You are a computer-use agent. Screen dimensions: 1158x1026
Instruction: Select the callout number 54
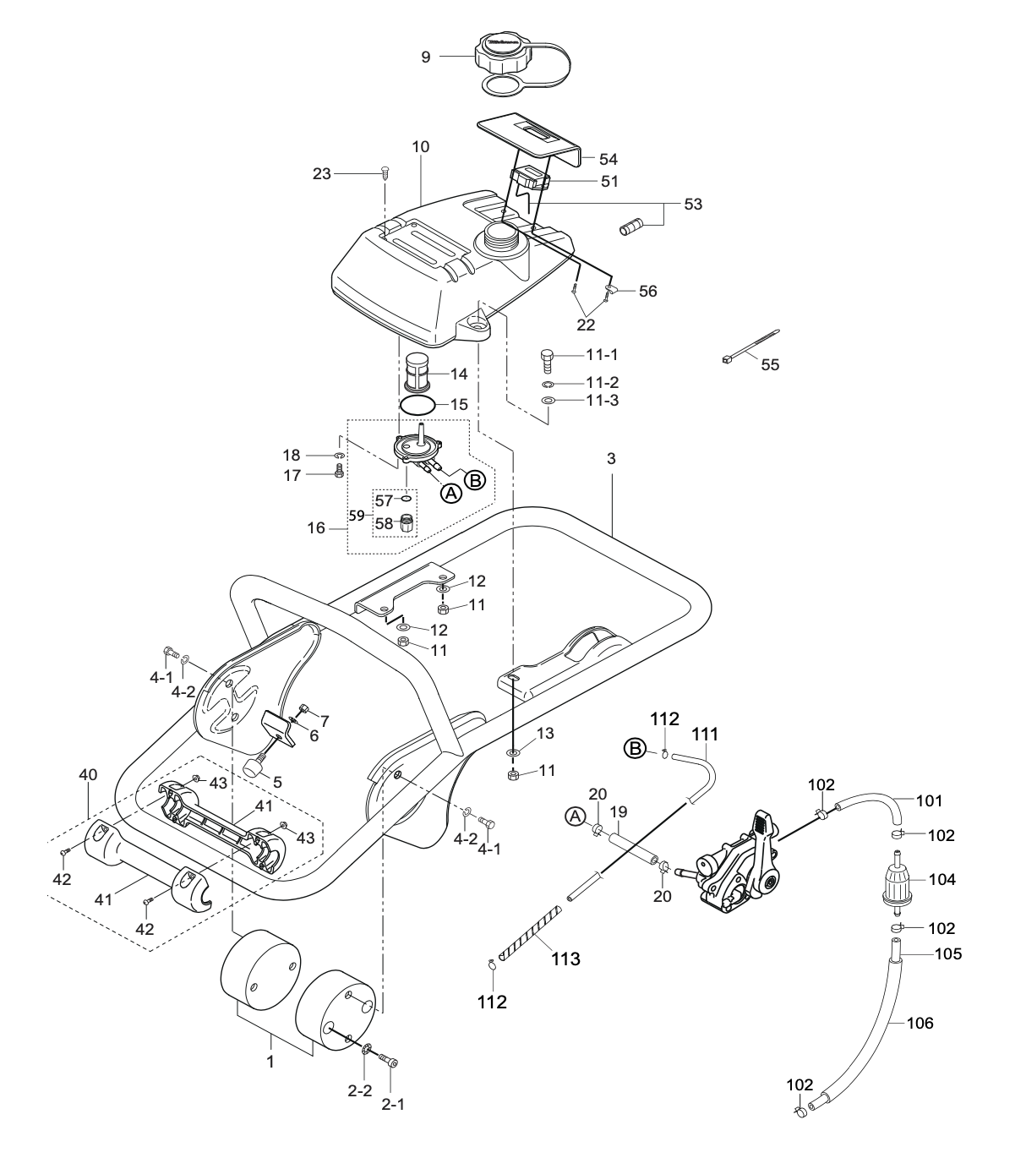click(x=609, y=159)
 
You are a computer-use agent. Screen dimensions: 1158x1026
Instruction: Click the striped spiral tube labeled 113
click(x=530, y=931)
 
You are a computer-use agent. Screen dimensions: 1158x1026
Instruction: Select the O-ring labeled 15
click(x=417, y=405)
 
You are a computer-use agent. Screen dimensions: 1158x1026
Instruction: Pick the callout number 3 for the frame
click(x=610, y=459)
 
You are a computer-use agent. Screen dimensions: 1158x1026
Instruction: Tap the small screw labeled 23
click(x=385, y=172)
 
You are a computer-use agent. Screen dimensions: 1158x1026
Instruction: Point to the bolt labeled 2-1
click(x=390, y=1060)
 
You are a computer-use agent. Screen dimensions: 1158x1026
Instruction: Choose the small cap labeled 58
click(x=406, y=523)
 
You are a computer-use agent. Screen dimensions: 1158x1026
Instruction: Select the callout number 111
click(x=705, y=735)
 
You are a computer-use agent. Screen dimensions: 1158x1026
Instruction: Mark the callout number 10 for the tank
click(x=420, y=147)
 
